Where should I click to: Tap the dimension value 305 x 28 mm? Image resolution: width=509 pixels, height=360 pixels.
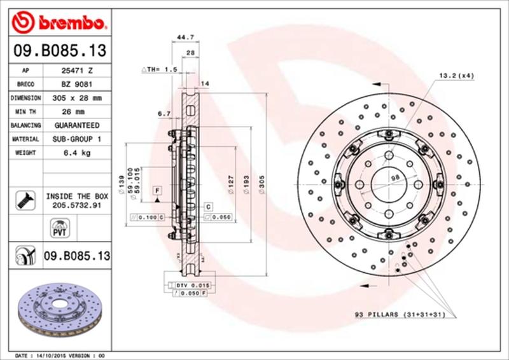coord(77,98)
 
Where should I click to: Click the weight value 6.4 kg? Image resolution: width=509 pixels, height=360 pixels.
coord(77,153)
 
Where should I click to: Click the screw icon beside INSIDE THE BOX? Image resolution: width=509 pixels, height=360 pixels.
coord(24,201)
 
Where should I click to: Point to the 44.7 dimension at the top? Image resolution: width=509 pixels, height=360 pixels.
coord(185,38)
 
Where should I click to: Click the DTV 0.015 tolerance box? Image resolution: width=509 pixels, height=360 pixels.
coord(192,286)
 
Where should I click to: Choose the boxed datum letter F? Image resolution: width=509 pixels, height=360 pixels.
coord(155,190)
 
